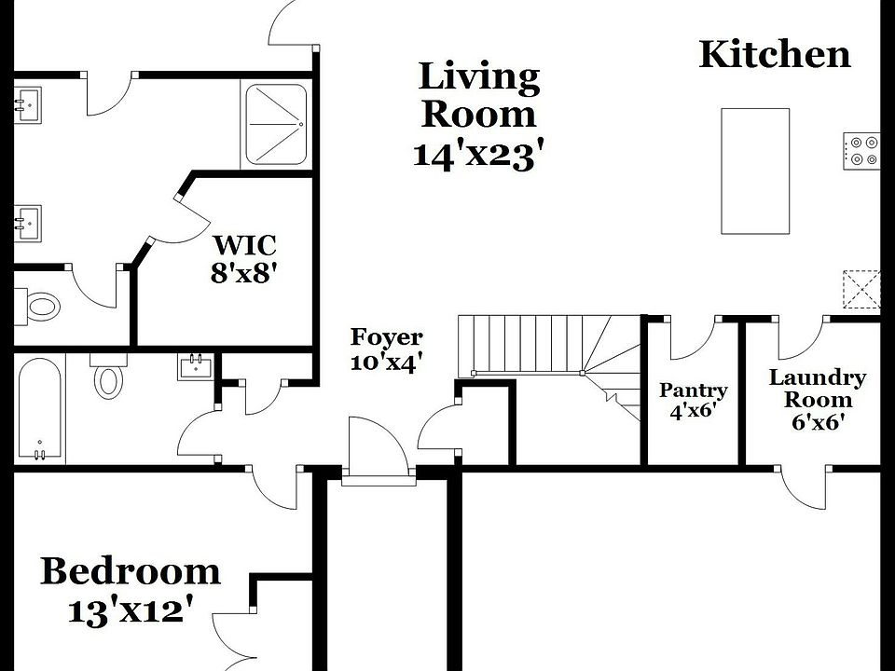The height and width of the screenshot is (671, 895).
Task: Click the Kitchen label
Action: coord(774,54)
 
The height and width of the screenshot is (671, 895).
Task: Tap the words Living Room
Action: coord(479,95)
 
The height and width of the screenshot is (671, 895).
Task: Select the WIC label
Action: coord(245,246)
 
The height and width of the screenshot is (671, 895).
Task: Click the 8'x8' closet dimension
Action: coord(245,274)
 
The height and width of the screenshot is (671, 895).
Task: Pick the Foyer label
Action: coord(386,337)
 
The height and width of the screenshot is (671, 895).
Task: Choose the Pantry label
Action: coord(693,390)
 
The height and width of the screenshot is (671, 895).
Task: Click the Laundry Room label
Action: coord(817,389)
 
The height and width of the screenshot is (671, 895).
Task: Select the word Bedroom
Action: coord(131,570)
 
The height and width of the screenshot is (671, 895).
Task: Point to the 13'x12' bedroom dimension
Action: coord(131,610)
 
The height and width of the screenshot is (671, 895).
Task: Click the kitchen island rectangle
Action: coord(755,171)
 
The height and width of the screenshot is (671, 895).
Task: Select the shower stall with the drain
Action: coord(275,125)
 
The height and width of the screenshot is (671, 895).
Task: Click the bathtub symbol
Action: coord(39,408)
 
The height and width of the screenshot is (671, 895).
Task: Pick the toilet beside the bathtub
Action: coord(108,377)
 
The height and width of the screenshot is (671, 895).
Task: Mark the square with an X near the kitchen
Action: coord(861,288)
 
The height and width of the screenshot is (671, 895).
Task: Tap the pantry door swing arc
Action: coord(692,340)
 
